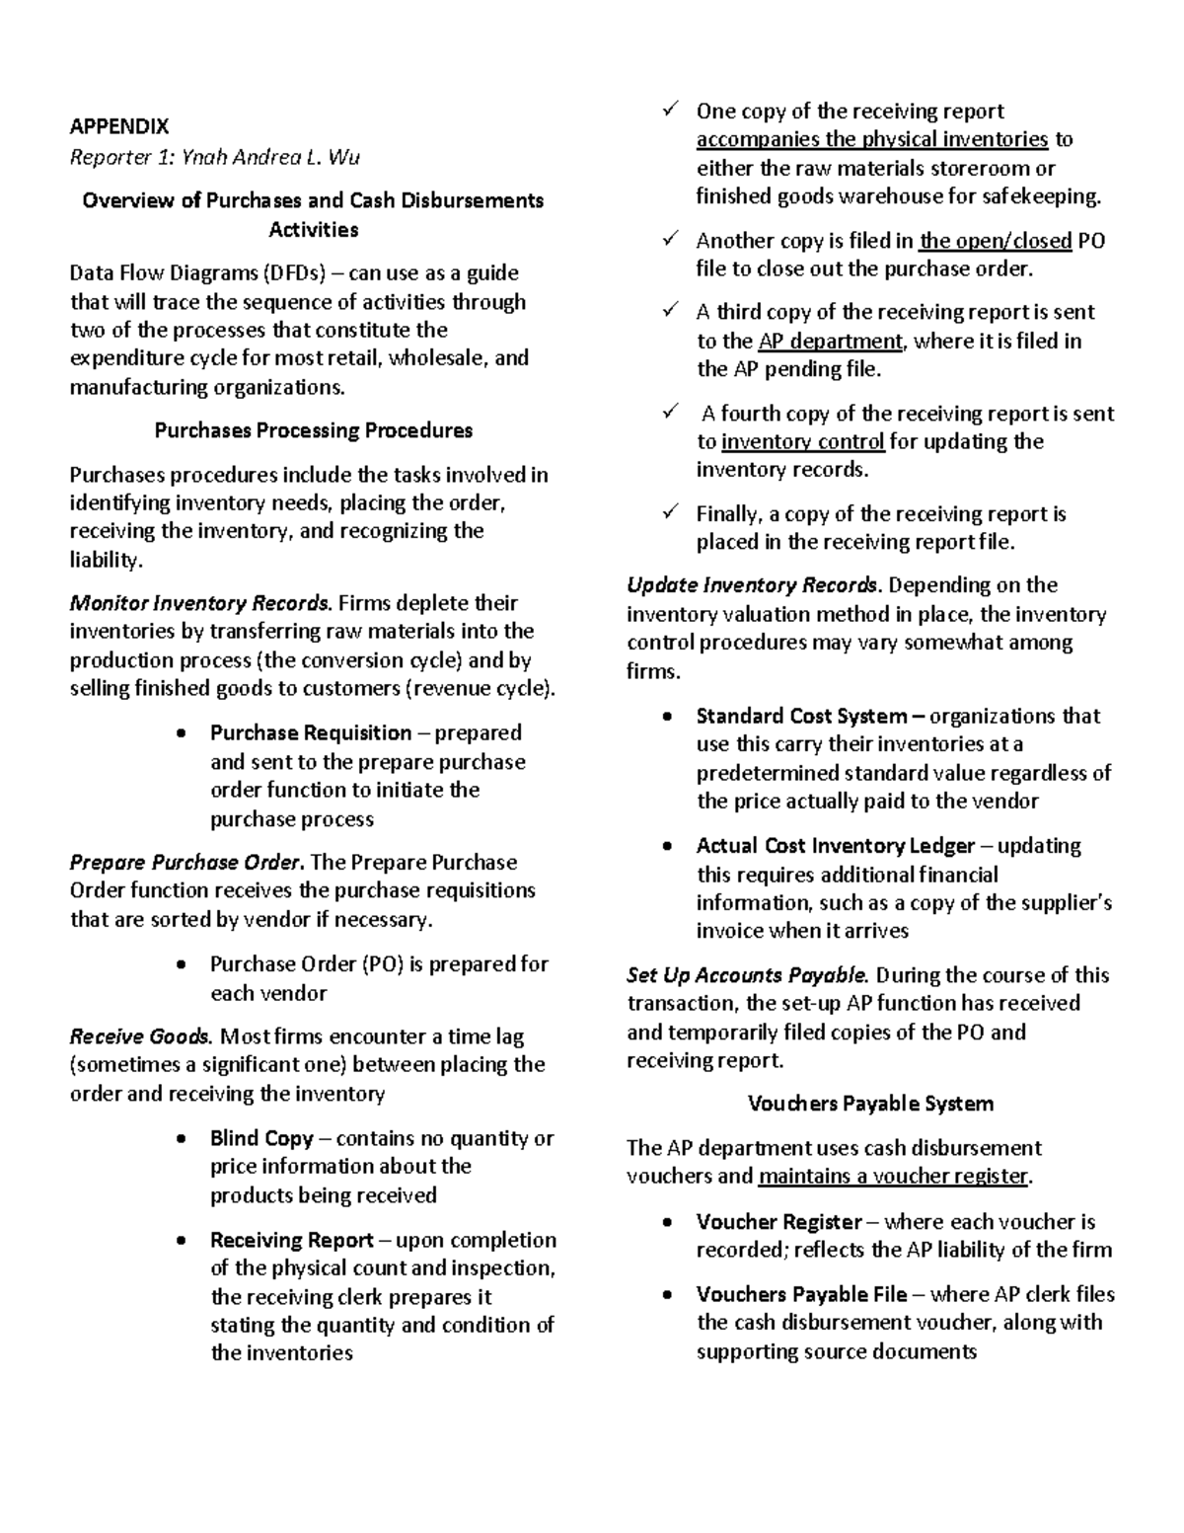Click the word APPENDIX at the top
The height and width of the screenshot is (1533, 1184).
pyautogui.click(x=118, y=126)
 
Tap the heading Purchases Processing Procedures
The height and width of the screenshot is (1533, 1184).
pyautogui.click(x=313, y=430)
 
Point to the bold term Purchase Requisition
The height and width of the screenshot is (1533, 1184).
pyautogui.click(x=310, y=732)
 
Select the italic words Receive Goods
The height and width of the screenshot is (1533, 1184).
pyautogui.click(x=139, y=1036)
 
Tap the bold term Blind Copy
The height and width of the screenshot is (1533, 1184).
pyautogui.click(x=260, y=1138)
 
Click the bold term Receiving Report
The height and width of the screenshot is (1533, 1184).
pyautogui.click(x=291, y=1240)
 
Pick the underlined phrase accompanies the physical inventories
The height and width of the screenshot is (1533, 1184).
pyautogui.click(x=871, y=139)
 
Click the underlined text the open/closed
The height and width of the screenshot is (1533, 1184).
pyautogui.click(x=995, y=241)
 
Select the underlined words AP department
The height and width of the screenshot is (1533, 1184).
pyautogui.click(x=830, y=342)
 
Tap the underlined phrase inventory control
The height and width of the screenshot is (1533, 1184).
pyautogui.click(x=802, y=441)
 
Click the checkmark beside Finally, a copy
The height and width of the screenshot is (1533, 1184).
pyautogui.click(x=671, y=512)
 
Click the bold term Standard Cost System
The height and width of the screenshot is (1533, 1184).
pyautogui.click(x=801, y=716)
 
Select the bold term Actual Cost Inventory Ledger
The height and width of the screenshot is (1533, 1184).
pyautogui.click(x=835, y=846)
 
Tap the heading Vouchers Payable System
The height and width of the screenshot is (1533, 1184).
pyautogui.click(x=870, y=1104)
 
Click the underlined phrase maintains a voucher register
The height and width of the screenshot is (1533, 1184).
pyautogui.click(x=894, y=1177)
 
